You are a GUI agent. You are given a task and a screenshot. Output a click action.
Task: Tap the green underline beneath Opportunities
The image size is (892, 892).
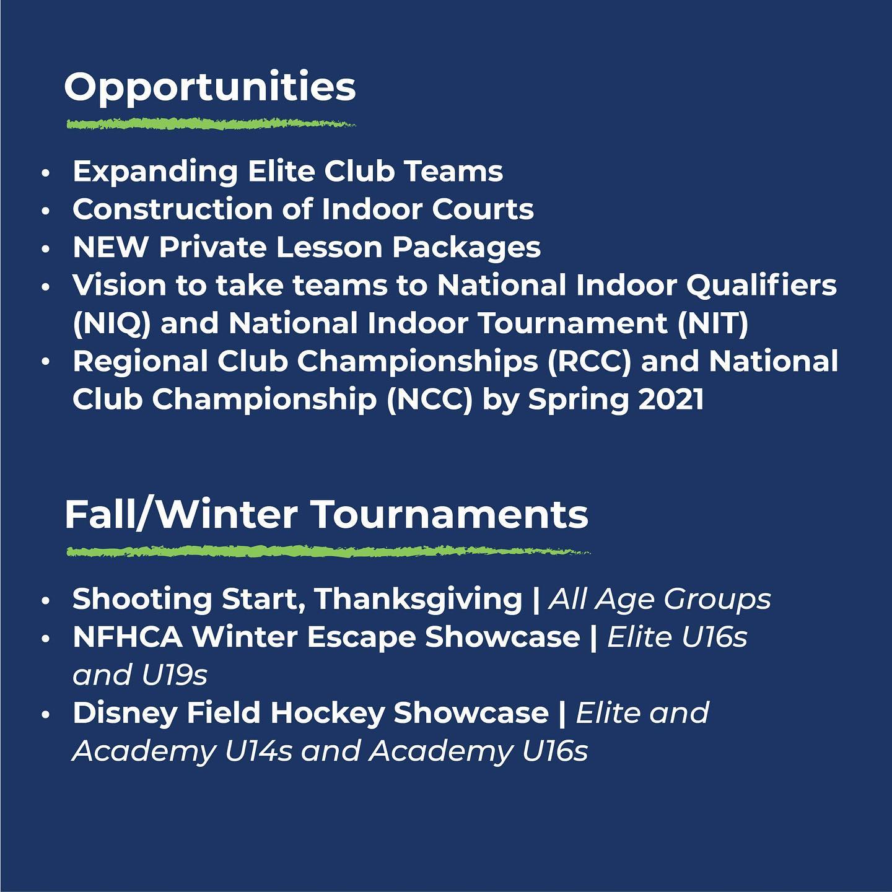click(211, 124)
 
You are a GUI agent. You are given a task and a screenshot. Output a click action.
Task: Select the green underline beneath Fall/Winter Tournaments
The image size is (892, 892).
click(328, 551)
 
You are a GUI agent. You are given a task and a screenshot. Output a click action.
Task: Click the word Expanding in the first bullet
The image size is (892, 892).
click(155, 172)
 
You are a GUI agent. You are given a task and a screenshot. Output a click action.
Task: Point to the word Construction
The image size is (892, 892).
click(172, 209)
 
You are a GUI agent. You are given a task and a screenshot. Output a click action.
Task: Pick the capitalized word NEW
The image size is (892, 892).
click(111, 247)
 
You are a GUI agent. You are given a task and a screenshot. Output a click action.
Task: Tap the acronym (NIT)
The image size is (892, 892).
click(713, 323)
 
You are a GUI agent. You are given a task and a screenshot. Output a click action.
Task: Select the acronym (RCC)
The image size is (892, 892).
click(589, 361)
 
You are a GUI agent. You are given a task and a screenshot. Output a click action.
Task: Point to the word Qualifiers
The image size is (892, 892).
click(761, 286)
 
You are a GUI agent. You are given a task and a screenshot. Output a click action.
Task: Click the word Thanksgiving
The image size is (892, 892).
click(419, 600)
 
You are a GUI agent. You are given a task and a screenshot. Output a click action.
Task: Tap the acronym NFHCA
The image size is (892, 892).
click(128, 637)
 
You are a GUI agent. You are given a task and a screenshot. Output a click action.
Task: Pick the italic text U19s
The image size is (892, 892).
click(175, 675)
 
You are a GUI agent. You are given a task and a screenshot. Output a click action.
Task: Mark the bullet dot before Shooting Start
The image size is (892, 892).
click(45, 601)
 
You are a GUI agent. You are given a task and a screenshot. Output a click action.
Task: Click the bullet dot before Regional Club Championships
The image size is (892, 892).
click(45, 362)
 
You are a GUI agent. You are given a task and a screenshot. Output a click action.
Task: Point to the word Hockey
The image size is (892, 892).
click(327, 714)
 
